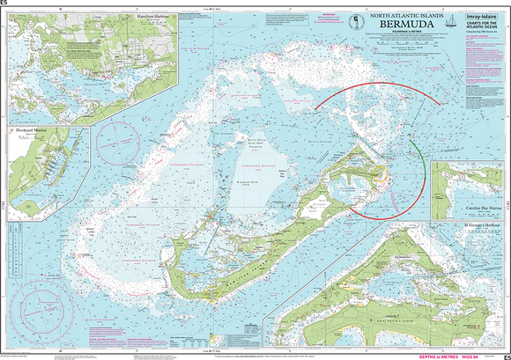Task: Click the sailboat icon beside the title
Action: pos(452,21)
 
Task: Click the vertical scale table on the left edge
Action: pos(11,255)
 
